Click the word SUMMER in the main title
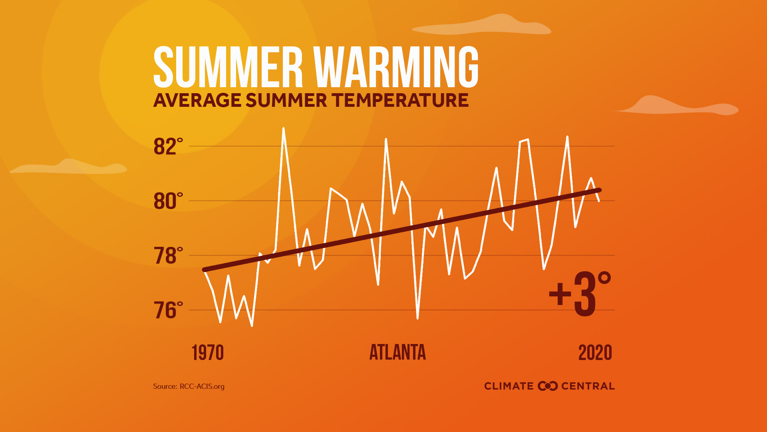pyautogui.click(x=228, y=67)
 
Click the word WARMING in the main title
pyautogui.click(x=396, y=67)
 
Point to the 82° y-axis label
pyautogui.click(x=168, y=146)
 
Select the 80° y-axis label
pyautogui.click(x=168, y=201)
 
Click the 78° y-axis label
pyautogui.click(x=168, y=256)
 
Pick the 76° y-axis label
pyautogui.click(x=168, y=310)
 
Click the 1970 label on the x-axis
pyautogui.click(x=208, y=353)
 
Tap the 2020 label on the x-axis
pyautogui.click(x=595, y=353)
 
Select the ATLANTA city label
pyautogui.click(x=397, y=353)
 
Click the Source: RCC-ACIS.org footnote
pyautogui.click(x=189, y=386)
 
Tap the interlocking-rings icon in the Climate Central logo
pyautogui.click(x=547, y=386)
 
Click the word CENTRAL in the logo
pyautogui.click(x=588, y=386)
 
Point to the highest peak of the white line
pyautogui.click(x=283, y=129)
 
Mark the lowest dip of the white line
pyautogui.click(x=252, y=326)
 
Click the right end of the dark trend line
pyautogui.click(x=599, y=190)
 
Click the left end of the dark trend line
pyautogui.click(x=205, y=270)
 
